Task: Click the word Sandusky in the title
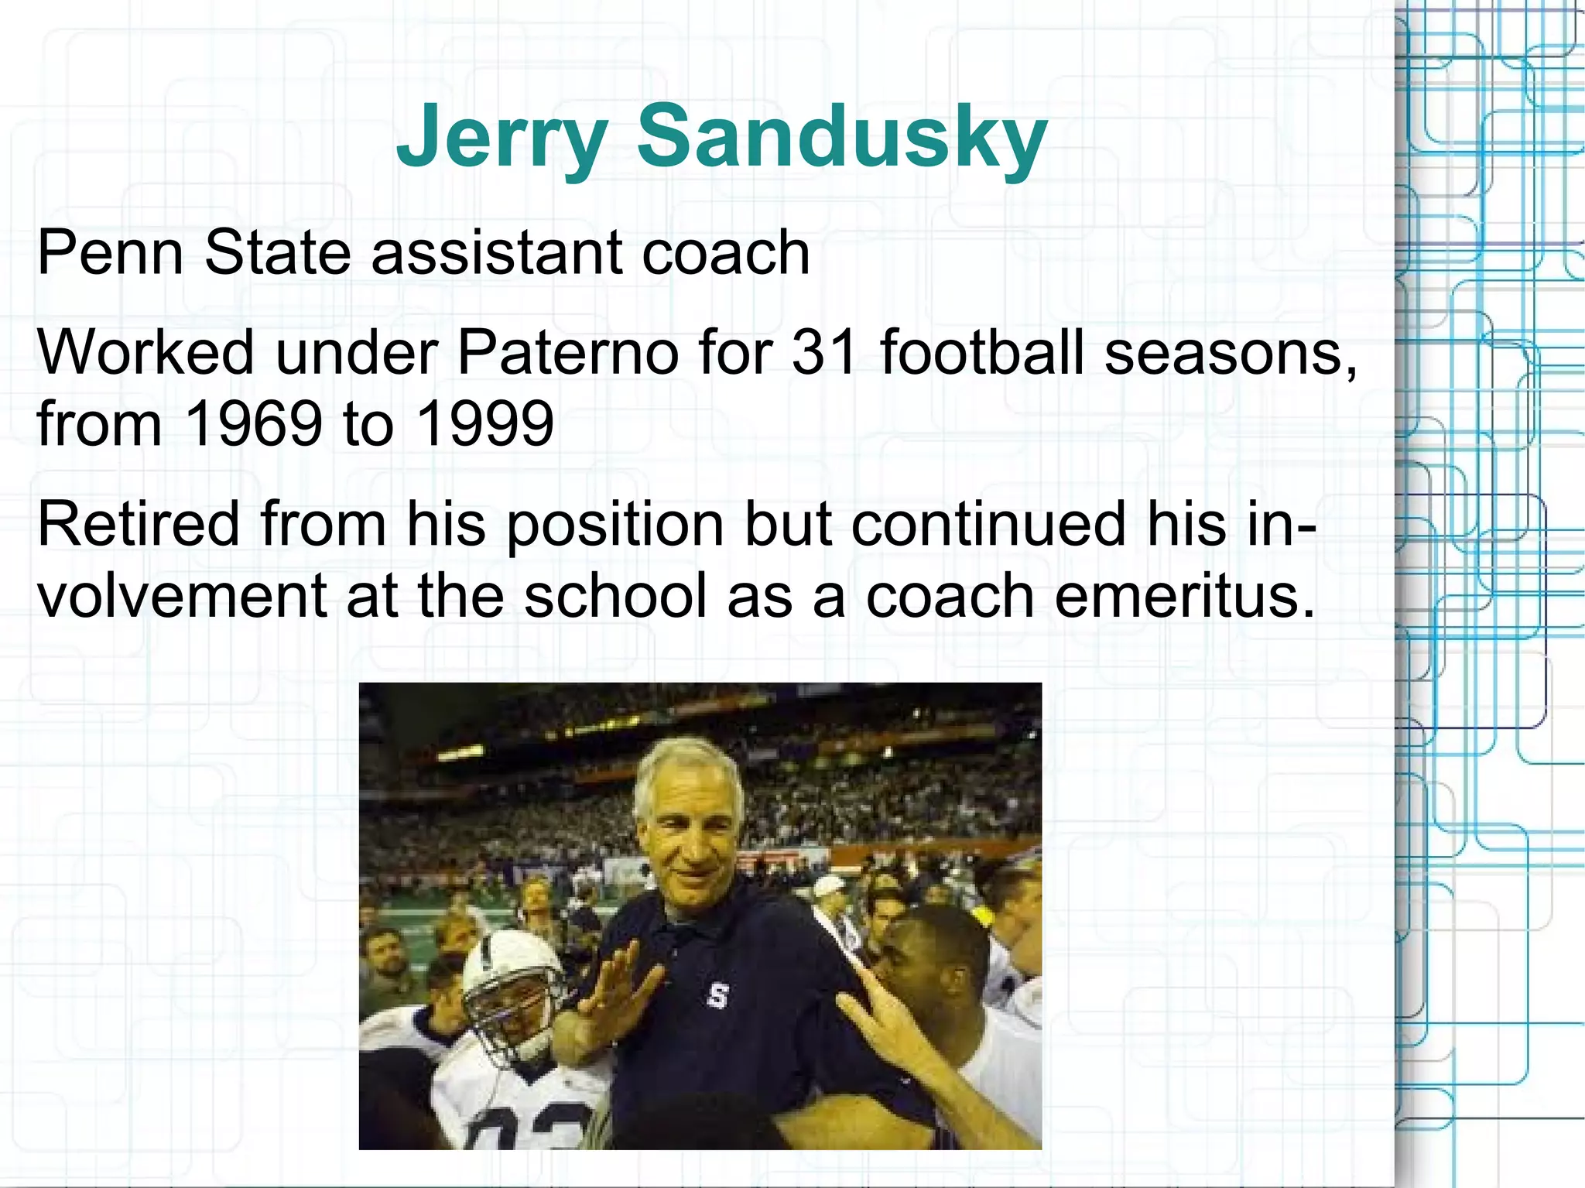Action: tap(841, 138)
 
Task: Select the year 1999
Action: tap(484, 423)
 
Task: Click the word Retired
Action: tap(138, 524)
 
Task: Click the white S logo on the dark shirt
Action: tap(717, 996)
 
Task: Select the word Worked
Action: tap(145, 352)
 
